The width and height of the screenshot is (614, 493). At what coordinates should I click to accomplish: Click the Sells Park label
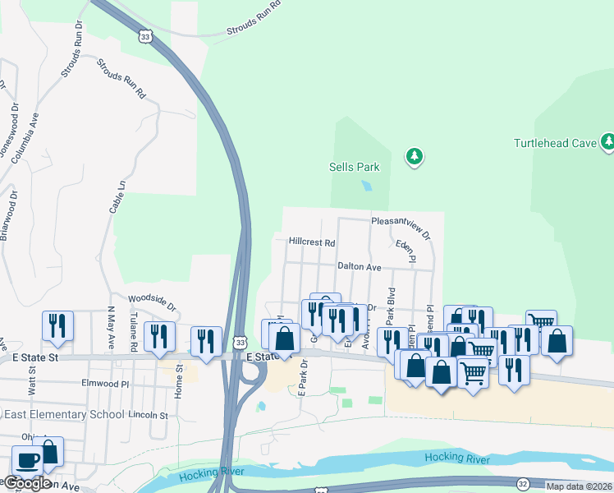click(x=355, y=167)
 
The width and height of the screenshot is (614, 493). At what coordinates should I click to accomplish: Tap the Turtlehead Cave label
click(x=554, y=143)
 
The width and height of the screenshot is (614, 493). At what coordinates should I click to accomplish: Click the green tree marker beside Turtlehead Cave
click(x=607, y=142)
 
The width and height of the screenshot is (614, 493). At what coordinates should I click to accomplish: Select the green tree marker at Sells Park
click(x=415, y=155)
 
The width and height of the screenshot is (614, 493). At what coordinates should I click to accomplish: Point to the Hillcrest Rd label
click(x=312, y=242)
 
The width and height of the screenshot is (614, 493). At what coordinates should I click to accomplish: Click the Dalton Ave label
click(x=359, y=267)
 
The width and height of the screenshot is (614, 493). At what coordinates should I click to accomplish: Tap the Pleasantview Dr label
click(x=401, y=223)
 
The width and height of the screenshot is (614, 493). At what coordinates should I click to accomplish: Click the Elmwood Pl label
click(x=106, y=383)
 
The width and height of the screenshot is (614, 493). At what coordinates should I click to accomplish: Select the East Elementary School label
click(x=62, y=414)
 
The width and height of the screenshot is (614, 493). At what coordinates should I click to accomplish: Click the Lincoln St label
click(x=148, y=415)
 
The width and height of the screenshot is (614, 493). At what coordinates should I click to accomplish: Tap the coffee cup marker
click(x=26, y=461)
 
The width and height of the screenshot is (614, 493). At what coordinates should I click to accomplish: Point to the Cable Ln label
click(x=117, y=197)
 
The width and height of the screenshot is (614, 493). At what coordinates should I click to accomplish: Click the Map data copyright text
click(x=579, y=486)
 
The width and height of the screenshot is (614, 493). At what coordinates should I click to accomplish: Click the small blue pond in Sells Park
click(x=367, y=185)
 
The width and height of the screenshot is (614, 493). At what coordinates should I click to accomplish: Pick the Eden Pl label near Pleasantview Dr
click(x=406, y=251)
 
